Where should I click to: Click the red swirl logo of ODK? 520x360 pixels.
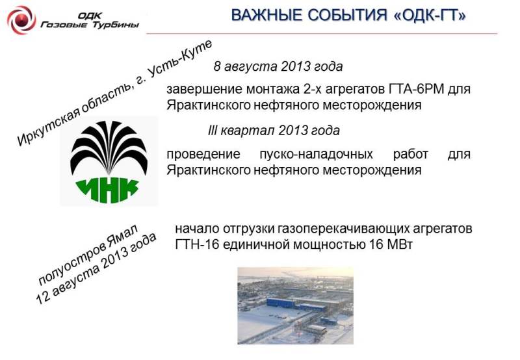pos(21,19)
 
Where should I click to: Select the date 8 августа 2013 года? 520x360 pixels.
pos(278,66)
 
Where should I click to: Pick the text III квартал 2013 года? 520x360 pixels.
pos(274,131)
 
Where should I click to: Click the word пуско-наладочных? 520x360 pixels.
pos(316,154)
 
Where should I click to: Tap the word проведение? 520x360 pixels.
pos(203,155)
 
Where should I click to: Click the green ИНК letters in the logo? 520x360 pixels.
pos(108,190)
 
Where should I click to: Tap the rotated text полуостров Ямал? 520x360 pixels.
pos(88,254)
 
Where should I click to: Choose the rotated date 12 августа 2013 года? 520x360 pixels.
pos(96,268)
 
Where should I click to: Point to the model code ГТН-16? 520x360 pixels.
pos(197,244)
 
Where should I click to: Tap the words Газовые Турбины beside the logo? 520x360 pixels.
pos(90,25)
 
